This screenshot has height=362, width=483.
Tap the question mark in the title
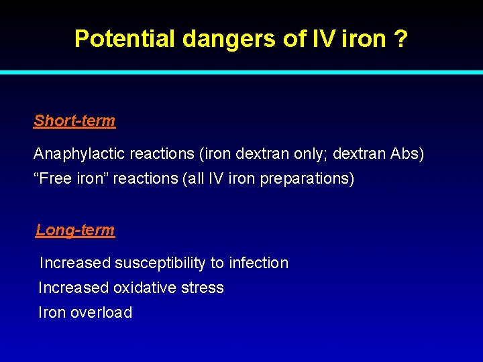point(401,39)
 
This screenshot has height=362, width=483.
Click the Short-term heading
point(74,121)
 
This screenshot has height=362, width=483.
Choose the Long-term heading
point(75,230)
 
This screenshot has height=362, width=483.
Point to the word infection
point(258,263)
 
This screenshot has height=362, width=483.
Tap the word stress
point(205,288)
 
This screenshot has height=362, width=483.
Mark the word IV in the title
point(322,39)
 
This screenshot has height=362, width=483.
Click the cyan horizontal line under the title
point(241,72)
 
